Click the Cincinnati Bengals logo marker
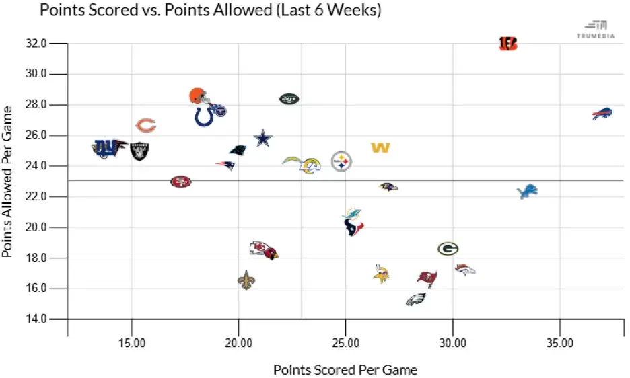coord(508,44)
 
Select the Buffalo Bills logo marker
coord(602,114)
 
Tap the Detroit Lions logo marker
coord(526,192)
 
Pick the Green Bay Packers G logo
coord(448,249)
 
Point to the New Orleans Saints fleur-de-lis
coord(247,280)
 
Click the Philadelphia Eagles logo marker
coord(416,299)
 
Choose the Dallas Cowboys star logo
coord(263,139)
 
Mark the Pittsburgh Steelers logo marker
coord(342,161)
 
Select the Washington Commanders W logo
coord(380,147)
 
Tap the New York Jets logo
coord(289,99)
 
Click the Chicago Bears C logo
coord(146,125)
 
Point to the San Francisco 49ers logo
coord(180,182)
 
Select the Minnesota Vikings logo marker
coord(381,274)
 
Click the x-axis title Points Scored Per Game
coord(345,369)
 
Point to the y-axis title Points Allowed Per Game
coord(9,181)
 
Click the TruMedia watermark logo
coord(595,28)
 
